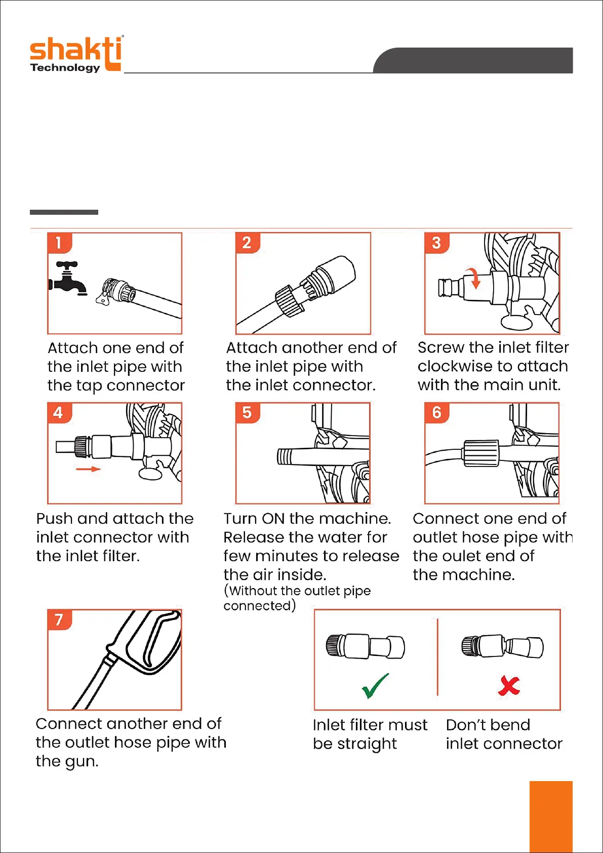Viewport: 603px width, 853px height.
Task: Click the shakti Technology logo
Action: click(x=76, y=54)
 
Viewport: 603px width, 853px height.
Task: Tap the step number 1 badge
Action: click(x=59, y=243)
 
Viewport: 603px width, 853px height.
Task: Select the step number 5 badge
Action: click(x=248, y=413)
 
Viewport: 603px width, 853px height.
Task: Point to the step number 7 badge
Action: click(x=59, y=619)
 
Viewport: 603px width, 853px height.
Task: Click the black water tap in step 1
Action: click(x=68, y=279)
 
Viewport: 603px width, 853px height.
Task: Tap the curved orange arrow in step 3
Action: click(x=473, y=279)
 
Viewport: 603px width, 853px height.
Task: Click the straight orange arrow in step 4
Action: click(x=88, y=469)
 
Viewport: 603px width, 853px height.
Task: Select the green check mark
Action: click(x=375, y=685)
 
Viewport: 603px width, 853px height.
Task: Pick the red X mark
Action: click(x=509, y=685)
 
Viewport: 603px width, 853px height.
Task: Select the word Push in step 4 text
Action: click(x=54, y=518)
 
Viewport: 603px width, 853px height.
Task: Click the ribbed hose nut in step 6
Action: click(x=481, y=453)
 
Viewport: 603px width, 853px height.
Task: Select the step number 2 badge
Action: click(x=248, y=243)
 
